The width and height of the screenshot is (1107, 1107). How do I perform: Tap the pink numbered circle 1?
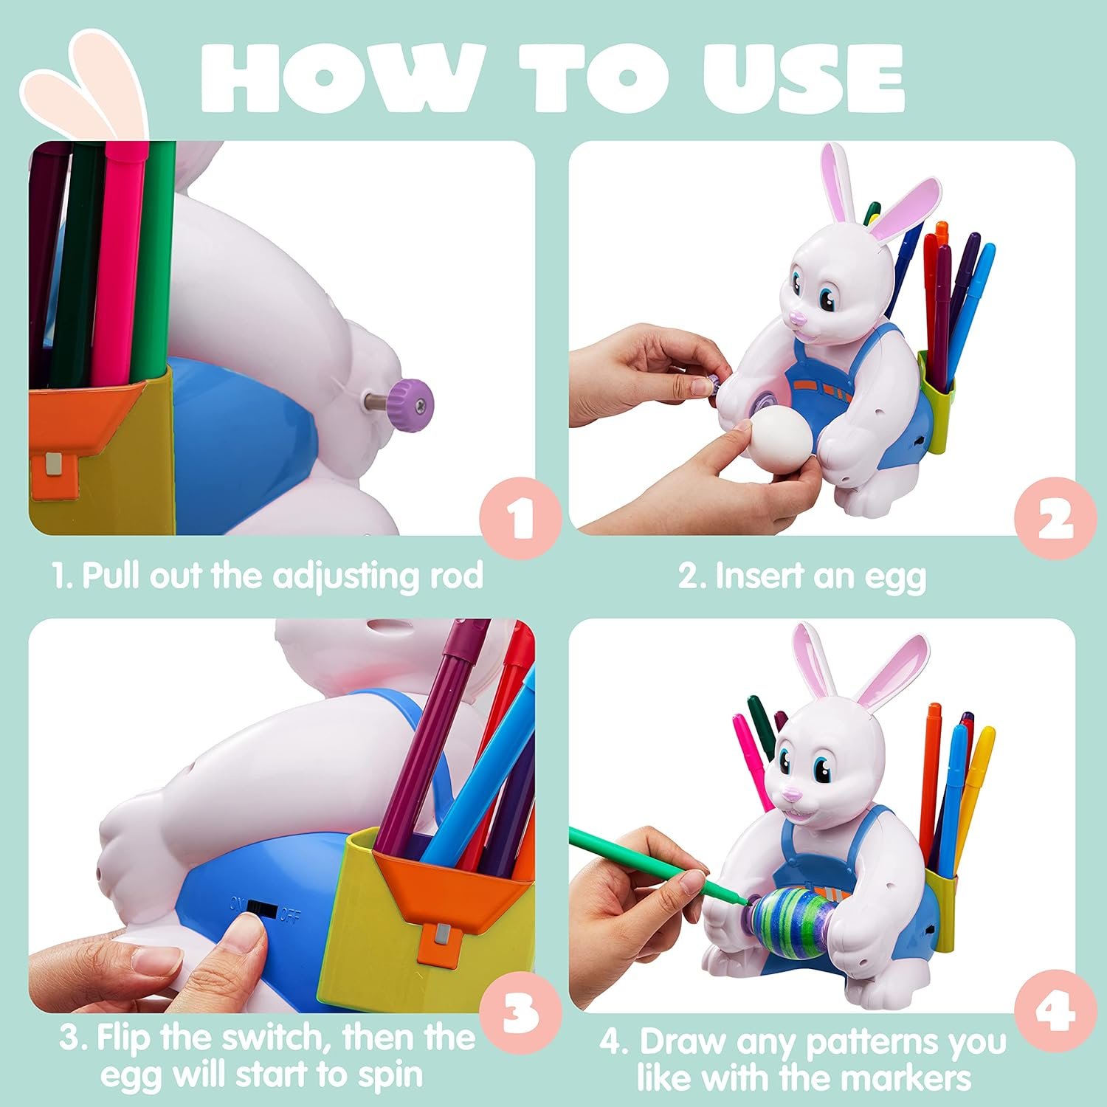[522, 518]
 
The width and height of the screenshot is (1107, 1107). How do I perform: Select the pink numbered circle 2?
[1056, 518]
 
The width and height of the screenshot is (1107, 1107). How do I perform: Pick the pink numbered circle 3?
[522, 1012]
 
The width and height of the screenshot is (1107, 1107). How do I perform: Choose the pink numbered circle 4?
[1056, 1012]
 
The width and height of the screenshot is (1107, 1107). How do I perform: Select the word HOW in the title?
[342, 77]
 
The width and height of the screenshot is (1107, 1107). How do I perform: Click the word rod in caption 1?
[456, 576]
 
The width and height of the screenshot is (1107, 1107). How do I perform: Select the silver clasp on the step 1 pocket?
[54, 464]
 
